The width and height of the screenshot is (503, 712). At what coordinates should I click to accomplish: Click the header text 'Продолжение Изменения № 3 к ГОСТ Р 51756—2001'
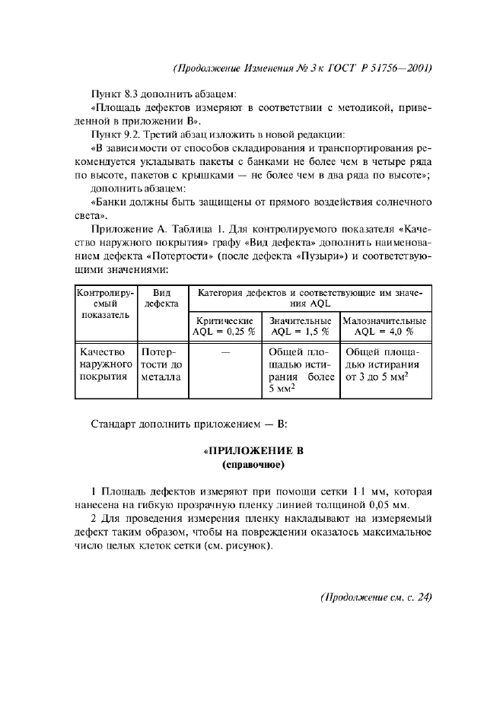pos(303,68)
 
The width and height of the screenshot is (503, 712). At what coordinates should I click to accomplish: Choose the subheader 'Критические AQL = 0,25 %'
pos(224,326)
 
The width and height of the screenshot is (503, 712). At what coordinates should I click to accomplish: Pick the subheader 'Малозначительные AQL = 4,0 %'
pos(384,326)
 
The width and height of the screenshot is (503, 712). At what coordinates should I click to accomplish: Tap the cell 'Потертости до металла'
pos(160,364)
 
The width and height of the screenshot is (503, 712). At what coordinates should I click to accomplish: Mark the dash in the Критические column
pos(224,353)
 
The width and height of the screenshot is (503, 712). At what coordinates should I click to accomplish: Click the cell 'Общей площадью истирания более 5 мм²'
pos(301,370)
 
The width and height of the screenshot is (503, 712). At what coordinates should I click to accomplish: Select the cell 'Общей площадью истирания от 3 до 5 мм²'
pos(384,364)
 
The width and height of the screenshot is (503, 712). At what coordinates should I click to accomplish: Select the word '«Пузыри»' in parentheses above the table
pos(323,256)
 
